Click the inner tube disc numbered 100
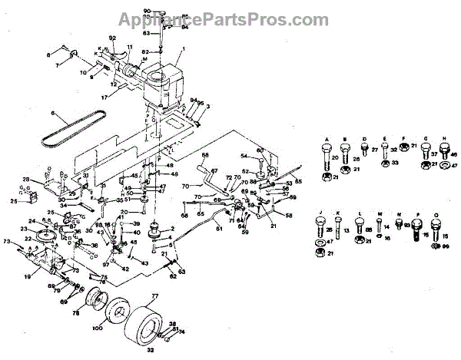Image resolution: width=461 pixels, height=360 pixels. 118,313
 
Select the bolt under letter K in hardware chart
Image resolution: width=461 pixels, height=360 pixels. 338,228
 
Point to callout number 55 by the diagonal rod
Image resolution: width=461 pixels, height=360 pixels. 299,181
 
